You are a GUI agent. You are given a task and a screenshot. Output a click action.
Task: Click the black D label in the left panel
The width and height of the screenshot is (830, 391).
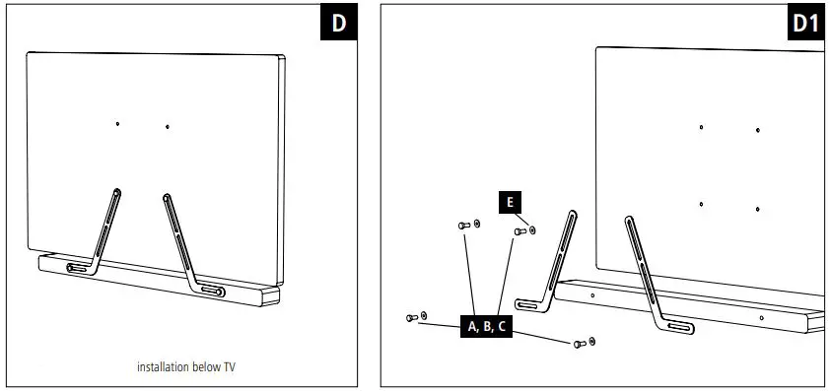point(338,25)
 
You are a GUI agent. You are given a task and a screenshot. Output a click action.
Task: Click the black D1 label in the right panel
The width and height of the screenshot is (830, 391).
point(806,25)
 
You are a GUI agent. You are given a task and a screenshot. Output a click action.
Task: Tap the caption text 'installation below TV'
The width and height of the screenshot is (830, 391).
point(186,367)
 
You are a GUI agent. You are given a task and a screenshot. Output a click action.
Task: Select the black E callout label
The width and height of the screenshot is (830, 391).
point(509,202)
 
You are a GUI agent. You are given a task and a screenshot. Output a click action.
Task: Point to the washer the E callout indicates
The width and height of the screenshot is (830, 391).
point(532,230)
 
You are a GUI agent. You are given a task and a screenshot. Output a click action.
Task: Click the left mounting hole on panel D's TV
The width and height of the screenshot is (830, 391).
point(117,124)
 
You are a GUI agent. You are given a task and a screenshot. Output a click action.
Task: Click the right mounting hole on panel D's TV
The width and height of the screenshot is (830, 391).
point(168,126)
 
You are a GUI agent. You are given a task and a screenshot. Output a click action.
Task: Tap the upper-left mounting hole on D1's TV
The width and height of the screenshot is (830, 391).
point(701,127)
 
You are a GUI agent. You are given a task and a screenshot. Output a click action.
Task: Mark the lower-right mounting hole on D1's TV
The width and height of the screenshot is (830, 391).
point(758,209)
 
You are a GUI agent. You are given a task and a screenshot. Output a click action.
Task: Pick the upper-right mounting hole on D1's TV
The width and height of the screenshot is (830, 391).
point(758,130)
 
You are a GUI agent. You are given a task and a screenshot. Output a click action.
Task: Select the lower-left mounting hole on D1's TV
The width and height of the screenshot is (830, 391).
point(701,205)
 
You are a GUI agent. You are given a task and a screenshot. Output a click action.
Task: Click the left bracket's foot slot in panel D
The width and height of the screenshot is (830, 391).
point(77,268)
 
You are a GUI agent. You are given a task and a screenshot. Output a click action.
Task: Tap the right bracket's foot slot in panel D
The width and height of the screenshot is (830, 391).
point(211,291)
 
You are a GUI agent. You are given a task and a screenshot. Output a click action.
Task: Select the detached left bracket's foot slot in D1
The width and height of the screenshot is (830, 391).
point(529,306)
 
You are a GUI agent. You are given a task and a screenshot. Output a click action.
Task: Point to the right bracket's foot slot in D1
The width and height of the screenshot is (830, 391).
point(679,328)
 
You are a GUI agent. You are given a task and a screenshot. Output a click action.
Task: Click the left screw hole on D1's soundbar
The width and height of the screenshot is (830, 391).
point(591,294)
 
